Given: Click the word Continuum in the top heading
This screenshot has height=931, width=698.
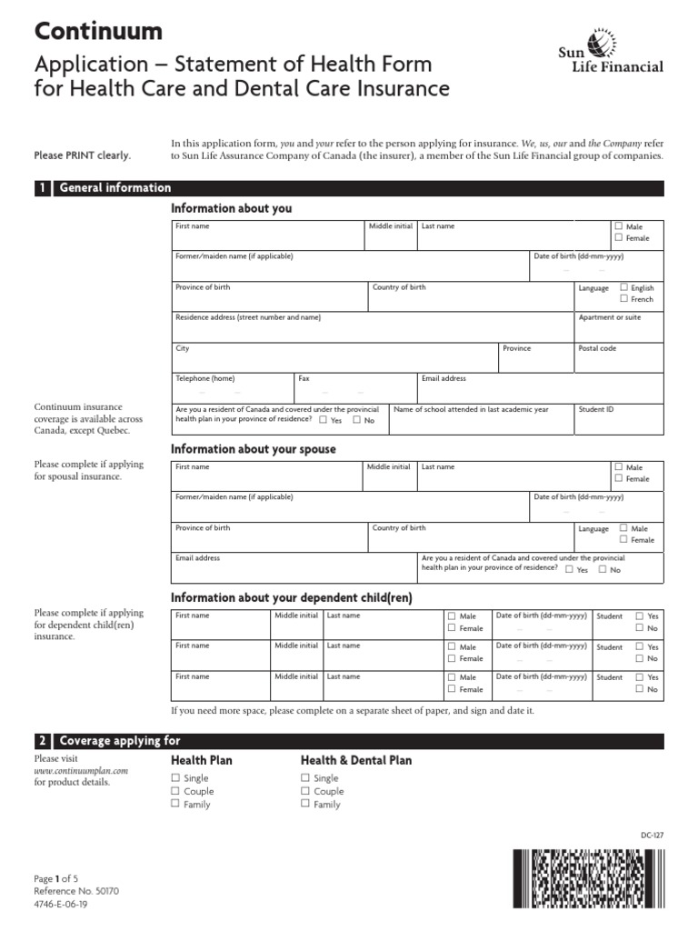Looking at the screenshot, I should click(x=98, y=31).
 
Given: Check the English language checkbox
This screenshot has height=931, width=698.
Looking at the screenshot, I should click(x=624, y=287).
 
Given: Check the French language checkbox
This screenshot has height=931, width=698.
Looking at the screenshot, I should click(x=624, y=299).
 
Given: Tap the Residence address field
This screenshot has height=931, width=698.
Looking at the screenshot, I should click(x=373, y=325).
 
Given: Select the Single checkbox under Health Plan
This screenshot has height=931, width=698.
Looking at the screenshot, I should click(x=176, y=778).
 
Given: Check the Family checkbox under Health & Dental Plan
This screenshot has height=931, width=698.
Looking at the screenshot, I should click(x=305, y=804).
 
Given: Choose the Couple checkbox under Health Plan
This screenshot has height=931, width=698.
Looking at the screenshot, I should click(x=176, y=791).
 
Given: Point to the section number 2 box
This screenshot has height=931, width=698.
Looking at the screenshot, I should click(x=42, y=741).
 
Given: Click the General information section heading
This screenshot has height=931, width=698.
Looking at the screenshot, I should click(x=115, y=188).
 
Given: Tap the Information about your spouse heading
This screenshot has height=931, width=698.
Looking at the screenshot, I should click(x=254, y=449).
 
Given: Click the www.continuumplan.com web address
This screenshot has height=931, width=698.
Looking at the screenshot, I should click(x=81, y=770).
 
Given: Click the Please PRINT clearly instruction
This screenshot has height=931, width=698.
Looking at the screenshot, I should click(x=83, y=155).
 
